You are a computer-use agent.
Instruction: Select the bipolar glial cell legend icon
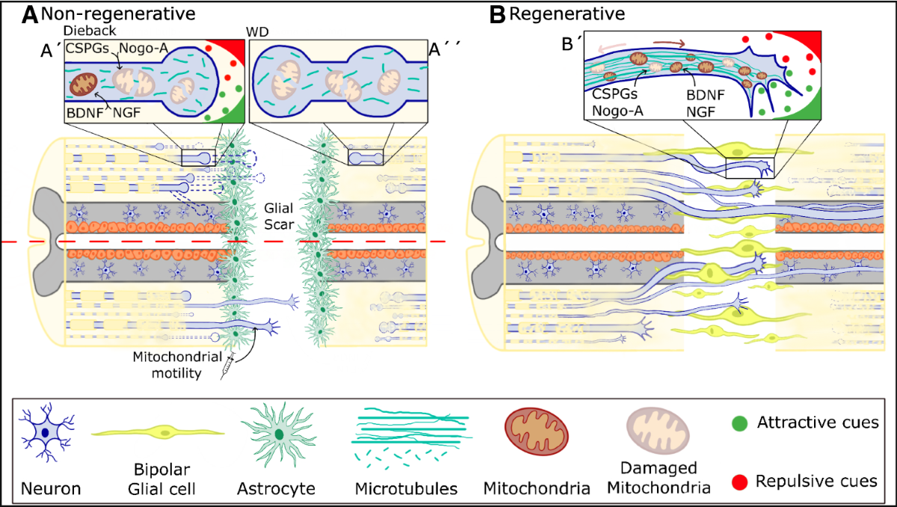click(158, 431)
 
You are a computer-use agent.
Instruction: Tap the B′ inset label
click(572, 43)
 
